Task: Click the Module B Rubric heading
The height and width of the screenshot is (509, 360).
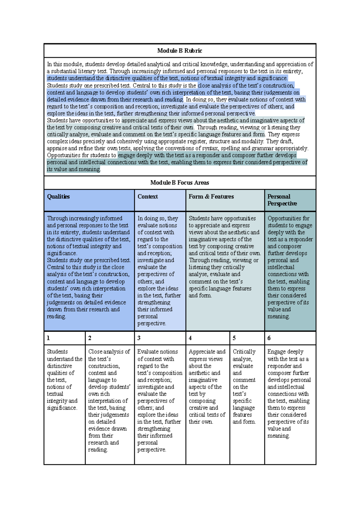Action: (x=179, y=51)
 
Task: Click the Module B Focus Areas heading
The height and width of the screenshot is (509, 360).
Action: (x=179, y=182)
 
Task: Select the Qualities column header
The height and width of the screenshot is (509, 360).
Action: (x=58, y=197)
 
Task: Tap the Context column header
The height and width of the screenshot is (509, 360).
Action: (x=148, y=197)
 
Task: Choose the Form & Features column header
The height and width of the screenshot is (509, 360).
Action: (x=211, y=197)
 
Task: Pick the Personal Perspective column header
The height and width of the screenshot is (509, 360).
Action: (x=282, y=200)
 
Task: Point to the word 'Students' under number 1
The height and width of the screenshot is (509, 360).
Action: (x=57, y=352)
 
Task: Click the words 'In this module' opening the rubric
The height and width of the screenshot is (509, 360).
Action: (x=64, y=64)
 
